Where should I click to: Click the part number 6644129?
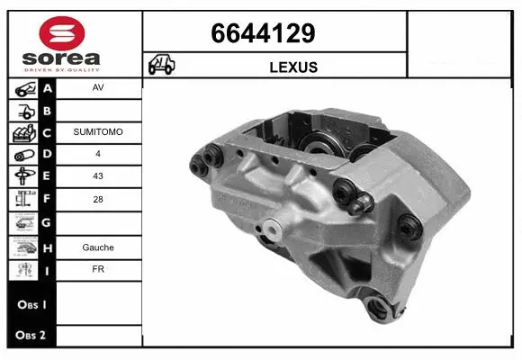pos(263,34)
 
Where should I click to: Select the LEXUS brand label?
pos(293,67)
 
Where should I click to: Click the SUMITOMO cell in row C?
pos(97,132)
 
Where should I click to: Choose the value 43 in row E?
pos(97,177)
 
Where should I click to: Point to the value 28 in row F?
pos(97,200)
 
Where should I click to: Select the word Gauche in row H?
pos(97,246)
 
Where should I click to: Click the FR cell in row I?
pos(97,268)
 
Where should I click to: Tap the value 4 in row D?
pos(97,155)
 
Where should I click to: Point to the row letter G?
pos(48,222)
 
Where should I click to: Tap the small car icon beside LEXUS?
pos(163,67)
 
